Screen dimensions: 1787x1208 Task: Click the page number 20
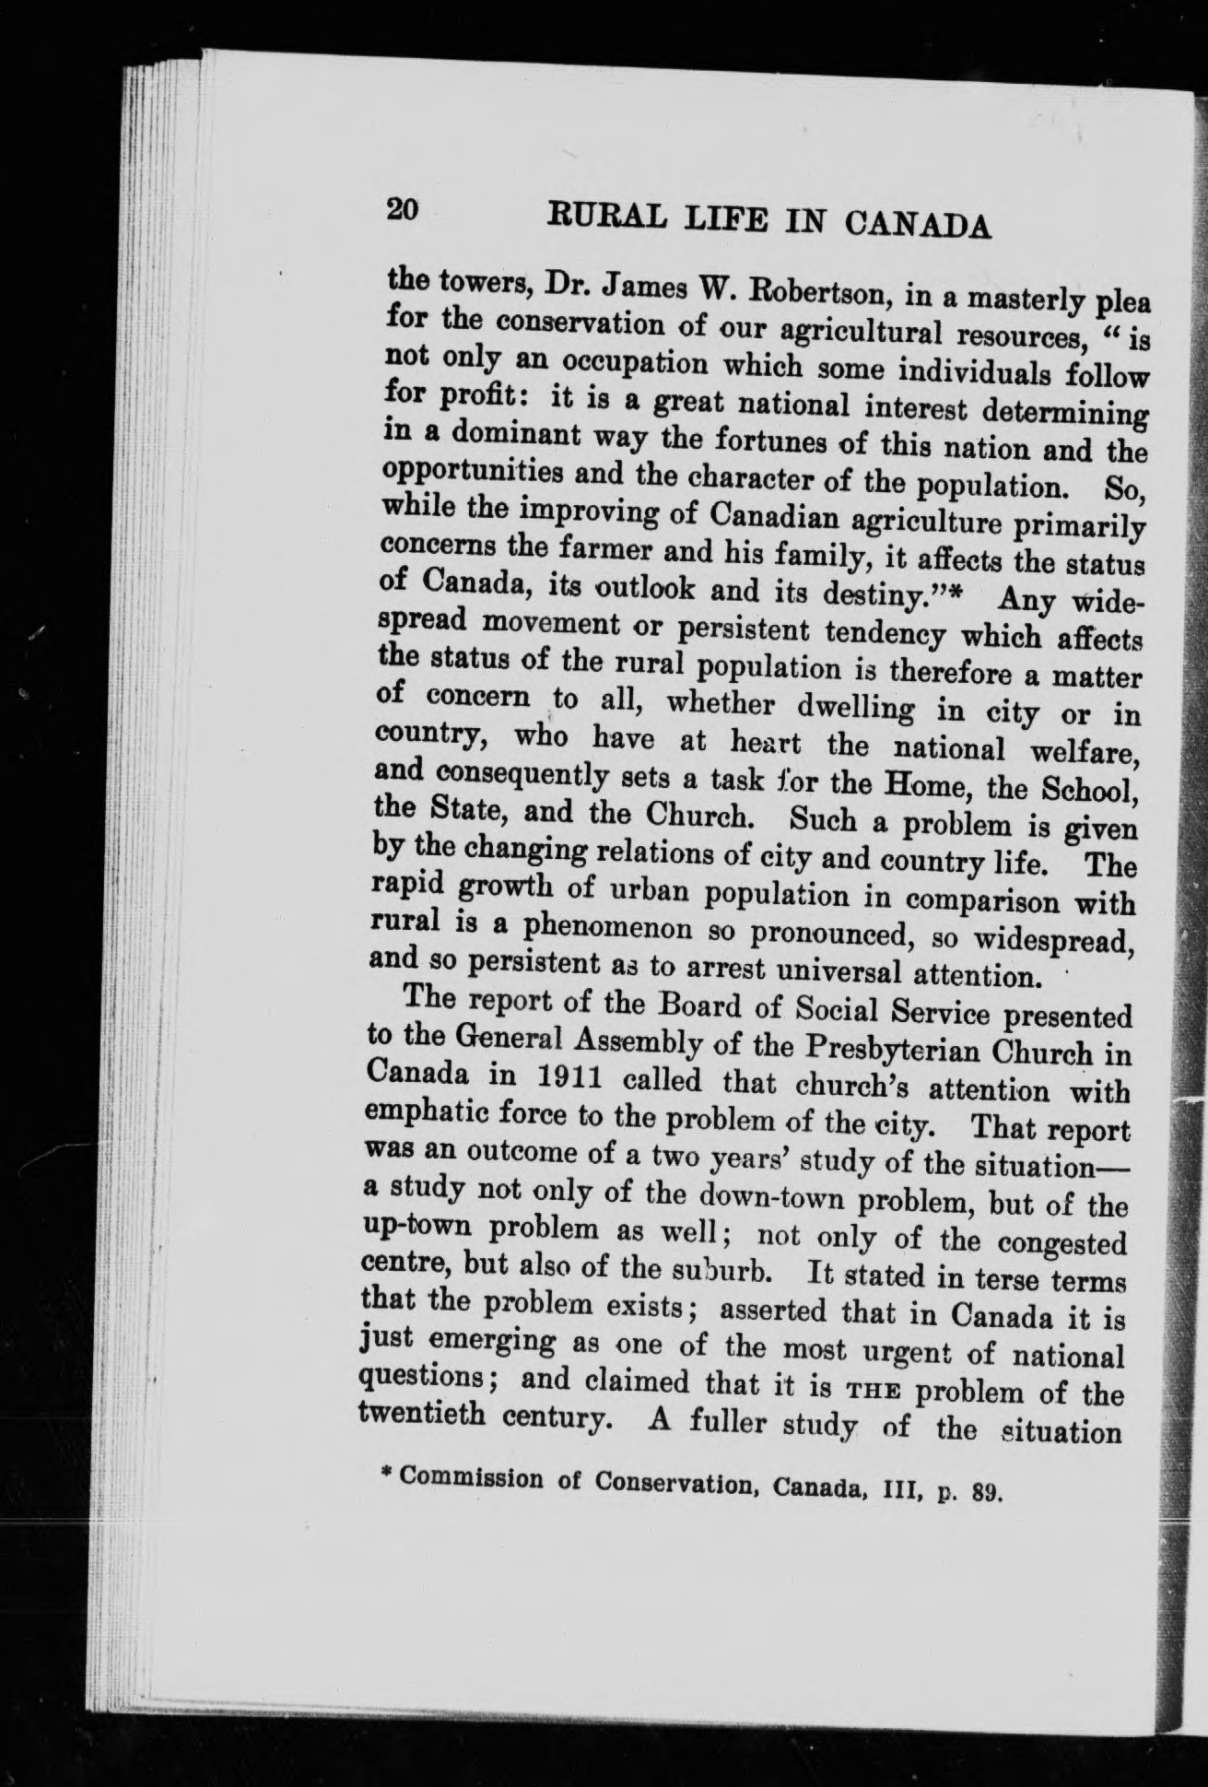tap(404, 209)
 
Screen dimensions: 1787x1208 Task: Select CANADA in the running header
tap(917, 226)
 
